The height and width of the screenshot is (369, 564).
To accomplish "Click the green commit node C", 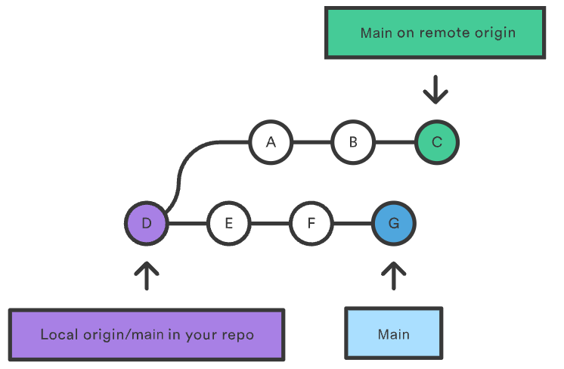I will (x=436, y=141).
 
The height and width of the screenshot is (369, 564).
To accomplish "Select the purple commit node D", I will (x=147, y=223).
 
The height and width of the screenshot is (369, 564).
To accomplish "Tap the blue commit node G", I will (x=394, y=223).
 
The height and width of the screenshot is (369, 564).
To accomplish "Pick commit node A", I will (x=271, y=141).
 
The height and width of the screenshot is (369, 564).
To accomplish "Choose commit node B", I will (x=353, y=141).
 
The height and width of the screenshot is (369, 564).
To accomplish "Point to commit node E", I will (x=229, y=223).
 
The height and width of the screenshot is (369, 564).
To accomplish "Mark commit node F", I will (x=311, y=223).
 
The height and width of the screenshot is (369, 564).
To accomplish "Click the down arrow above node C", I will (x=435, y=89).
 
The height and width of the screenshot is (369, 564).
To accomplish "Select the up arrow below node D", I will (x=147, y=276).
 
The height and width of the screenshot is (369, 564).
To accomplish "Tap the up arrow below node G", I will (x=394, y=276).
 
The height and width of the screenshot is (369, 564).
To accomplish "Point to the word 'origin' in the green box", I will (x=491, y=33).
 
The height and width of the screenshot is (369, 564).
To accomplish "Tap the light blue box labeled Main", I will (x=393, y=333).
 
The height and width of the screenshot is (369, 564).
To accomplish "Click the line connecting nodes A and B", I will (x=311, y=141).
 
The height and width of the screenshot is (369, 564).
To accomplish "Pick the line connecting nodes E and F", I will (x=270, y=223).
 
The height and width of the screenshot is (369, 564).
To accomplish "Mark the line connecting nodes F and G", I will (x=352, y=223).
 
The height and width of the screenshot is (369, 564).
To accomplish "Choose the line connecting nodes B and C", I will (x=395, y=141).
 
